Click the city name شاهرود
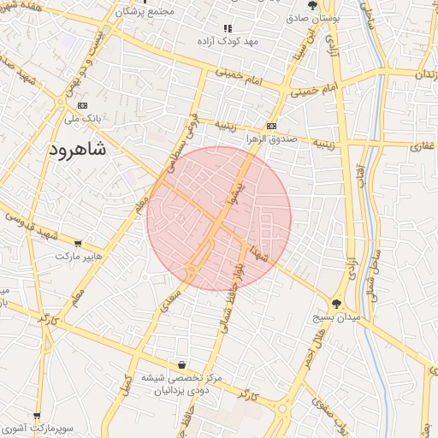pos(84,150)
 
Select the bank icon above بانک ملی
pos(83,104)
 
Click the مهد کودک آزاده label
pos(228,41)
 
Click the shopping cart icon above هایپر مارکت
pos(79,242)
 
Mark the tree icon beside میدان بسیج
pos(337,303)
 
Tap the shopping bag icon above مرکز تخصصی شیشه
pos(181,364)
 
